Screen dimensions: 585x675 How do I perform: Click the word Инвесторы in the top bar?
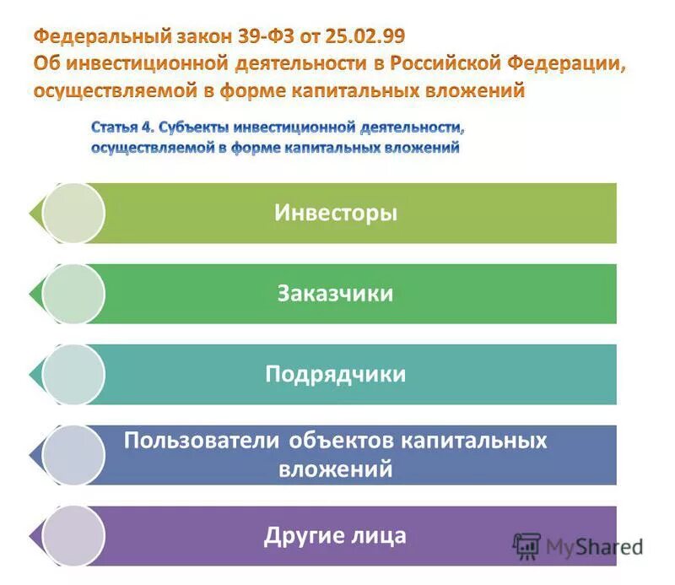[335, 213]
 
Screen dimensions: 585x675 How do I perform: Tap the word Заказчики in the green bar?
[335, 293]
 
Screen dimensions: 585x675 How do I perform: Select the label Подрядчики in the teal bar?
[335, 374]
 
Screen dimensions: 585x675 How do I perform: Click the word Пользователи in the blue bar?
[202, 441]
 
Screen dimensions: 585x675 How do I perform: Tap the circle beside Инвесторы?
[73, 214]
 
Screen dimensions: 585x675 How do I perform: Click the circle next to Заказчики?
[73, 294]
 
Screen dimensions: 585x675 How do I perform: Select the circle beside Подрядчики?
[73, 374]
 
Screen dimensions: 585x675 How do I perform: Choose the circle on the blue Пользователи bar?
[73, 454]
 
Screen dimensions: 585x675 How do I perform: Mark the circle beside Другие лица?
[73, 535]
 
